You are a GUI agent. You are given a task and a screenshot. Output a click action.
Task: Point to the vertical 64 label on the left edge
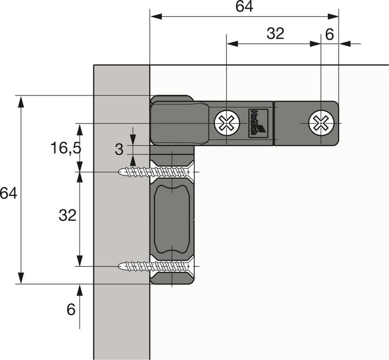(x=8, y=193)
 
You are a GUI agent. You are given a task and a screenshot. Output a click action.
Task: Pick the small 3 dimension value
(x=119, y=150)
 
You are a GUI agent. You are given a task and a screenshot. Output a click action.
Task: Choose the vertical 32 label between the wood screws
(x=67, y=215)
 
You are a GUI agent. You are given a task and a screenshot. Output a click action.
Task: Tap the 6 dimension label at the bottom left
(x=71, y=310)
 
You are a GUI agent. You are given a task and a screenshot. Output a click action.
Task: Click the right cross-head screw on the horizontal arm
(x=320, y=124)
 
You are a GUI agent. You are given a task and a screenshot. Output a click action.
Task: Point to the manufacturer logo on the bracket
(x=256, y=124)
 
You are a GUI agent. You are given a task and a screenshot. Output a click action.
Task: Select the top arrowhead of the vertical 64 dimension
(x=21, y=100)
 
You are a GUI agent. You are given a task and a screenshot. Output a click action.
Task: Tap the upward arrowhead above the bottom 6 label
(x=80, y=290)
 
